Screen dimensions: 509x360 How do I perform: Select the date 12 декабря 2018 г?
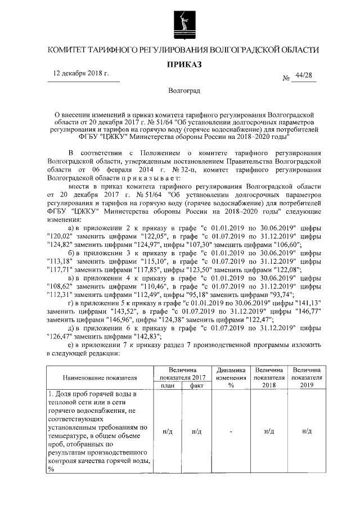coord(79,74)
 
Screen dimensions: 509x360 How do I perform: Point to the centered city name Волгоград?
coord(180,90)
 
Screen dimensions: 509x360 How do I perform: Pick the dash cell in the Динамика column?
coord(230,431)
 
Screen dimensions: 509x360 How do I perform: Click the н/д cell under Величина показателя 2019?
coord(307,431)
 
